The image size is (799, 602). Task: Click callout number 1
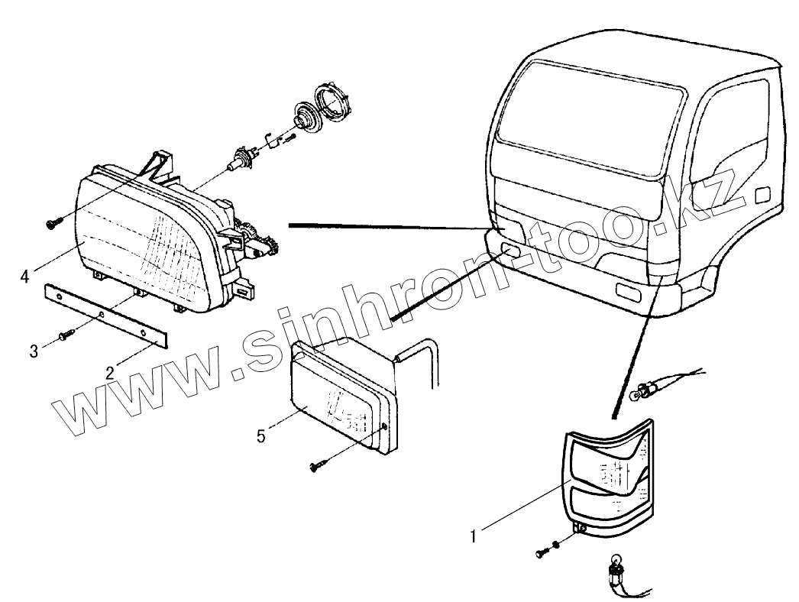(x=474, y=537)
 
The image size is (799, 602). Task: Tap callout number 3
(x=34, y=351)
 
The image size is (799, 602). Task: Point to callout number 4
(x=25, y=275)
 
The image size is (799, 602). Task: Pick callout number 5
(x=261, y=437)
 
